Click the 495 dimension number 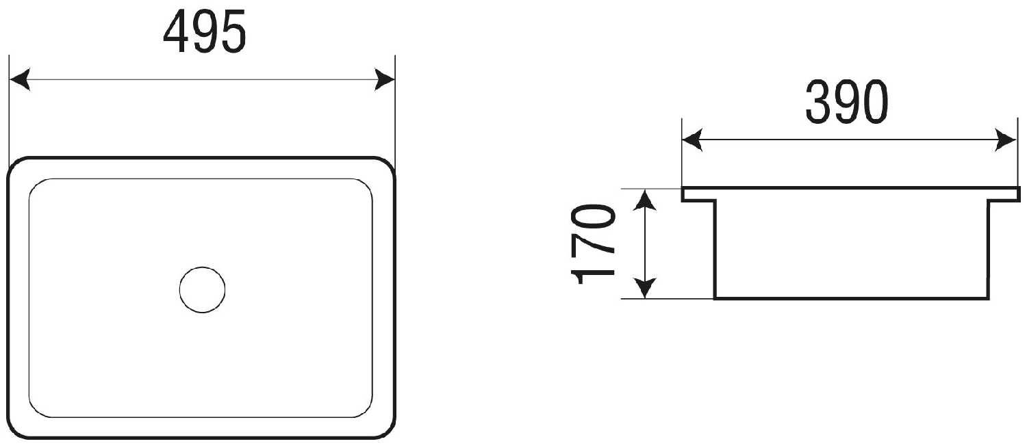point(205,31)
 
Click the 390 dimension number point(846,102)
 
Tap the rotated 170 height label point(592,245)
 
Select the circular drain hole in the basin point(202,289)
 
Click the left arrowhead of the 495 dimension point(20,80)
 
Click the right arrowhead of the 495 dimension point(385,80)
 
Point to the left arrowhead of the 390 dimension point(692,140)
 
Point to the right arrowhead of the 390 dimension point(1006,140)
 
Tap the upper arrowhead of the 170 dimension point(645,200)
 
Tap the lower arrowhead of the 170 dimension point(645,288)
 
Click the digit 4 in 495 point(177,31)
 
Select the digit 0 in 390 point(875,102)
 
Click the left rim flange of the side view point(698,194)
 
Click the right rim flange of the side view point(1004,194)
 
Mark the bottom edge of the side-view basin point(852,299)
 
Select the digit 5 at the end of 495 point(233,31)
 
